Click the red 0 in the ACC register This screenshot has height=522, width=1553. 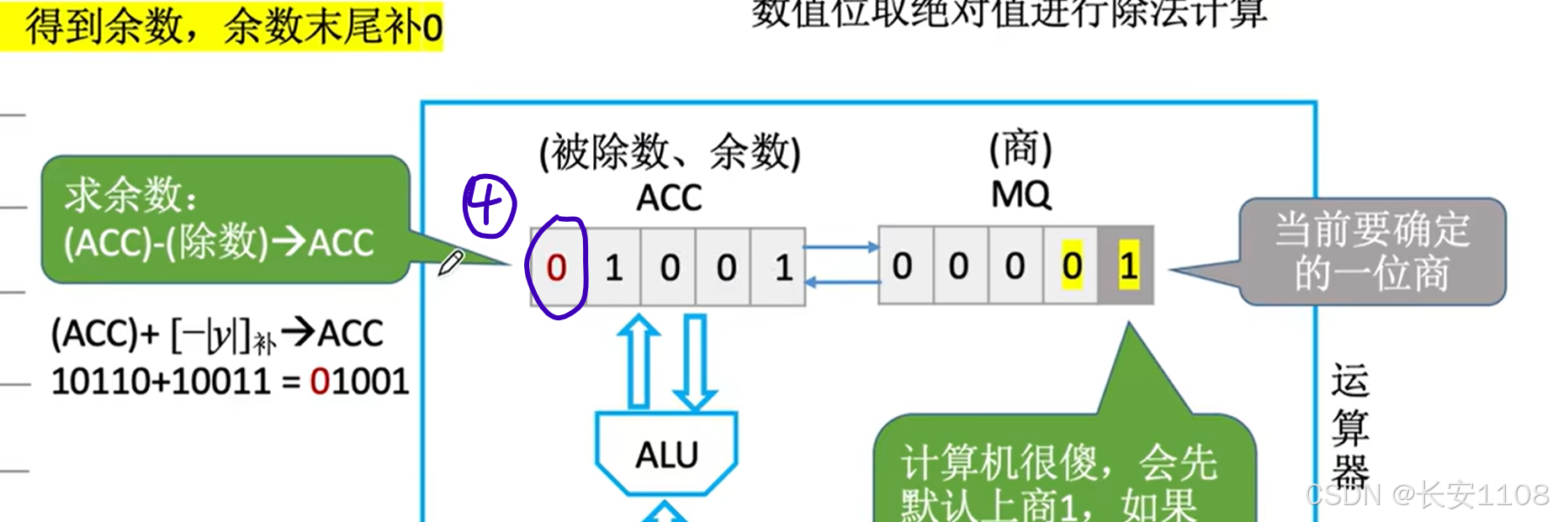coord(556,268)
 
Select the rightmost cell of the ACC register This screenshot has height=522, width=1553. coord(783,268)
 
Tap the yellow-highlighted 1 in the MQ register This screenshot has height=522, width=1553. coord(1127,266)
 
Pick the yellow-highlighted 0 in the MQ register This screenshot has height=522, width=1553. coord(1071,266)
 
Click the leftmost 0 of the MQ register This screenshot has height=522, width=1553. coord(902,266)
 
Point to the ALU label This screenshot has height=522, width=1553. coord(666,455)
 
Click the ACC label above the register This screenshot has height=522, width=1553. coord(669,198)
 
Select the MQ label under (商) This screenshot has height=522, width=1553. coord(1020,195)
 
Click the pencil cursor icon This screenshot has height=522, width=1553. coord(450,262)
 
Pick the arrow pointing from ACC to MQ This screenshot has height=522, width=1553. coord(841,247)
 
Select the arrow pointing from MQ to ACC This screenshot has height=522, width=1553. coord(841,282)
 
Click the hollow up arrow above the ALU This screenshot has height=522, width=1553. coord(639,361)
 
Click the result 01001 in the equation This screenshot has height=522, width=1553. coord(359,382)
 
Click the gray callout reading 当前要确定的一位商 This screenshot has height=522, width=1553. coord(1371,251)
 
